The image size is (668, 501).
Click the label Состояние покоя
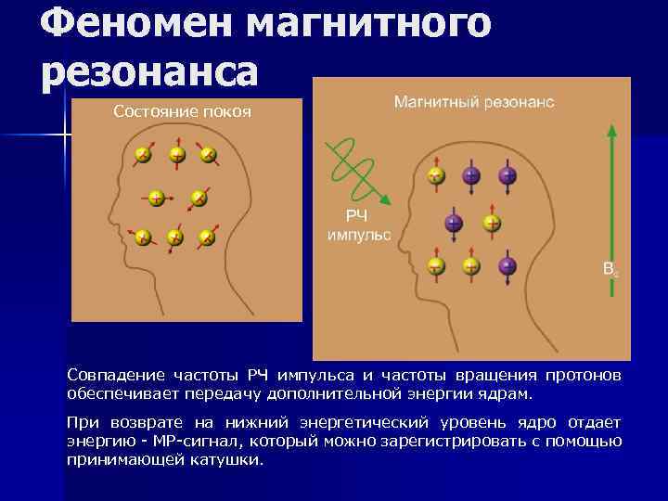point(182,112)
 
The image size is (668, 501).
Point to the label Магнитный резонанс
point(474,101)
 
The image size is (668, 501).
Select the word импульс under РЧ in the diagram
point(359,235)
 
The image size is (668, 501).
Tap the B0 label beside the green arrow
point(610,270)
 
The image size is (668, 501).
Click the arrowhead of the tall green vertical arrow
point(611,130)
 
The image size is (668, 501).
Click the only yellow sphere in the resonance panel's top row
point(435,174)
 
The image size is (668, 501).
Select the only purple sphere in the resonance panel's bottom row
point(507,266)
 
